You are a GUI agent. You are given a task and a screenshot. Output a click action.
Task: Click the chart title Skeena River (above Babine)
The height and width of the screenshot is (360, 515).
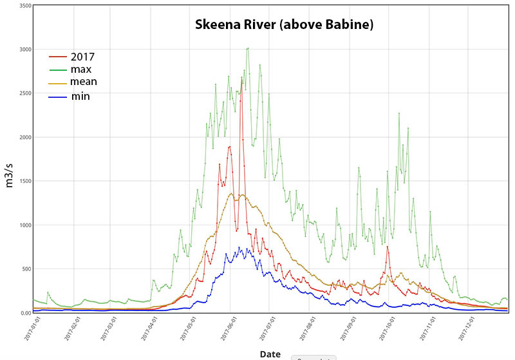284,26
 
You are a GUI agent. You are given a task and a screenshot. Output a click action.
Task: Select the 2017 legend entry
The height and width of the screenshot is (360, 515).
82,56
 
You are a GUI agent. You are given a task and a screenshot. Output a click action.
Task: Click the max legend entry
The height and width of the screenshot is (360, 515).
81,69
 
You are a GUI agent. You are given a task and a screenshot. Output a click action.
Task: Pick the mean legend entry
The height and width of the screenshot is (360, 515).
84,82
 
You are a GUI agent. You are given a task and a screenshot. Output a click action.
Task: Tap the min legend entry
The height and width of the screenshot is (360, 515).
80,97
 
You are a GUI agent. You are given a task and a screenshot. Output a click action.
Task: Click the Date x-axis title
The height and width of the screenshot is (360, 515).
270,354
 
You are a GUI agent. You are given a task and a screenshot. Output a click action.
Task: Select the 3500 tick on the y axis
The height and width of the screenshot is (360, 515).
25,5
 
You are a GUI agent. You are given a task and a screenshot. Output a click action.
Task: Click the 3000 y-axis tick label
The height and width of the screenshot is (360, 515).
25,49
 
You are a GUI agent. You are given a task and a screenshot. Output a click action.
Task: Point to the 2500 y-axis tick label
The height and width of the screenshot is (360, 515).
25,93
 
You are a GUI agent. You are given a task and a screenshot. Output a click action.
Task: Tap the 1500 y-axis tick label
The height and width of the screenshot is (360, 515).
25,181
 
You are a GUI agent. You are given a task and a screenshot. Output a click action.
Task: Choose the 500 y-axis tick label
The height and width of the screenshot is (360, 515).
26,269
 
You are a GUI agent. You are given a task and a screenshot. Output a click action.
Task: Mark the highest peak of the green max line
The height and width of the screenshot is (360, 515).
248,48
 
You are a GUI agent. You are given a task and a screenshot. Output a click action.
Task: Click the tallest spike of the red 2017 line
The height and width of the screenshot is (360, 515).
242,80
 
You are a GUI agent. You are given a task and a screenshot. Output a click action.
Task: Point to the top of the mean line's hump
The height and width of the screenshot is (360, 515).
241,194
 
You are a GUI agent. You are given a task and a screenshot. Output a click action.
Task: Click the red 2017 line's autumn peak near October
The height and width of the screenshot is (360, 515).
387,247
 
